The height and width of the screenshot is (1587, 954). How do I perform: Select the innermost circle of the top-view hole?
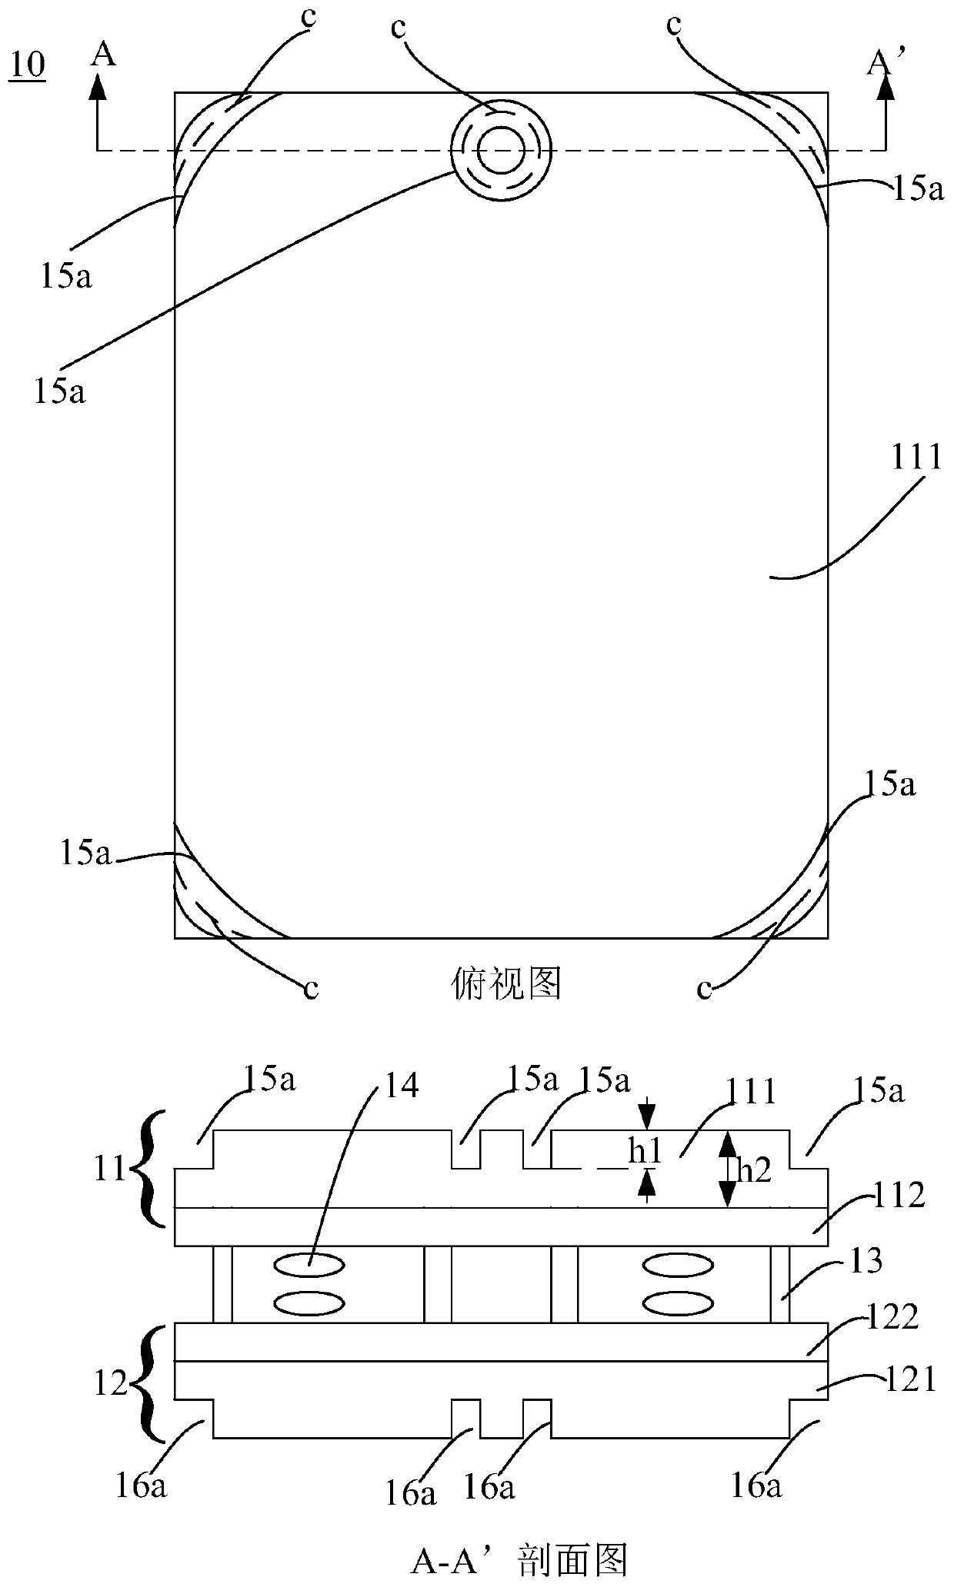(501, 150)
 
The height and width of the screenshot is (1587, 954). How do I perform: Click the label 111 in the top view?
(916, 459)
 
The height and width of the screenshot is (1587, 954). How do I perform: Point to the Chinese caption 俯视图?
(505, 983)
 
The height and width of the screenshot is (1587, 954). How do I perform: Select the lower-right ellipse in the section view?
(676, 1304)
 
